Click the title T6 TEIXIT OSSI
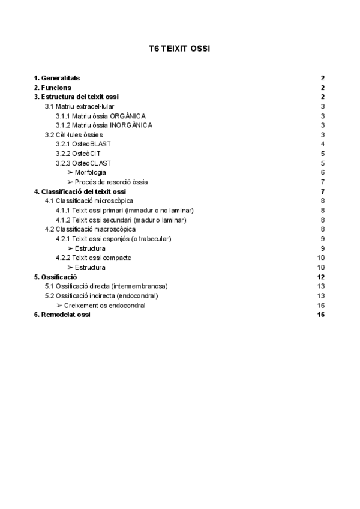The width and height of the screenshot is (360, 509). click(179, 48)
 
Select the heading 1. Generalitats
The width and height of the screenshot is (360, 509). click(57, 79)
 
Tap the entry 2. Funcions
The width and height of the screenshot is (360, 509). click(53, 88)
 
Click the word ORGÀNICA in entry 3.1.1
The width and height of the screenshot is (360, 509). click(128, 116)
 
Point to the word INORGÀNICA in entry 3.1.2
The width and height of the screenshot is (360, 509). click(131, 125)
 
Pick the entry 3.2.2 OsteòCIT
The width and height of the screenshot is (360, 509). click(78, 154)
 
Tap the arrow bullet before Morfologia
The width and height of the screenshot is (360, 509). click(70, 172)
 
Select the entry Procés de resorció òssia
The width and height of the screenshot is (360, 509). click(111, 182)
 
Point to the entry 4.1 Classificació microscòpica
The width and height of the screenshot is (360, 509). click(89, 200)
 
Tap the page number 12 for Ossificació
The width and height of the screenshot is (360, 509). click(321, 277)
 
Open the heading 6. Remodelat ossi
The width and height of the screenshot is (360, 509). click(62, 315)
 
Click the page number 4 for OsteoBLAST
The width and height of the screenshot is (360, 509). click(323, 144)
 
